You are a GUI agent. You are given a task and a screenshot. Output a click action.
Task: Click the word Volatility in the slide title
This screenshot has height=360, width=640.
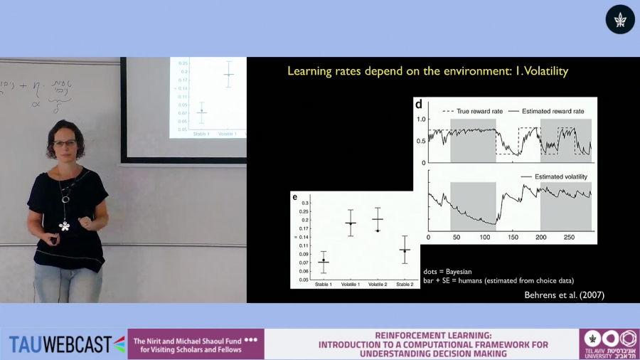541,72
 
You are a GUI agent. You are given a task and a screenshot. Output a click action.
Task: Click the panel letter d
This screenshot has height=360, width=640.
419,104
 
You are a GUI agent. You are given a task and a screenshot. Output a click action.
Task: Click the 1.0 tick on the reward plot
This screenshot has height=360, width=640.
421,119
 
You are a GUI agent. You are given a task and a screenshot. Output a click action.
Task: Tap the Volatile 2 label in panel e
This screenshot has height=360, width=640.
378,285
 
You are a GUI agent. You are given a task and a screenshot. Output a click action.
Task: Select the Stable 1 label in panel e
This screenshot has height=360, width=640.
324,285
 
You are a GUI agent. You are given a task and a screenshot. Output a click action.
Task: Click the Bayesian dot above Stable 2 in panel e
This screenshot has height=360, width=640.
405,250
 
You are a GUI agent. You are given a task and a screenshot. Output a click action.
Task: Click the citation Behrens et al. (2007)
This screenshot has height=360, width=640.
565,295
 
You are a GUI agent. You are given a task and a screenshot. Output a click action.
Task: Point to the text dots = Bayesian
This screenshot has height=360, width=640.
447,272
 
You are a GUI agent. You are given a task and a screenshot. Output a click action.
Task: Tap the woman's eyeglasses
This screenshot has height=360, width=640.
65,144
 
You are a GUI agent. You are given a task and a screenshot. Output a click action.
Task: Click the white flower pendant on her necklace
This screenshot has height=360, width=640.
65,226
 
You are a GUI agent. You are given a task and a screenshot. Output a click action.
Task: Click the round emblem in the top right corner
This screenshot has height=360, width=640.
619,19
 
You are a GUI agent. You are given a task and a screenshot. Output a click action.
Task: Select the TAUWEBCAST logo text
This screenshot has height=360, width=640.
60,344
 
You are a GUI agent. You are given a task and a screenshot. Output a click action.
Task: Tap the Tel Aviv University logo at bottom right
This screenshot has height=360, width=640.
609,344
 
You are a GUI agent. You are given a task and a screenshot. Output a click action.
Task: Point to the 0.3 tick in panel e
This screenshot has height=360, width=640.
305,203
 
